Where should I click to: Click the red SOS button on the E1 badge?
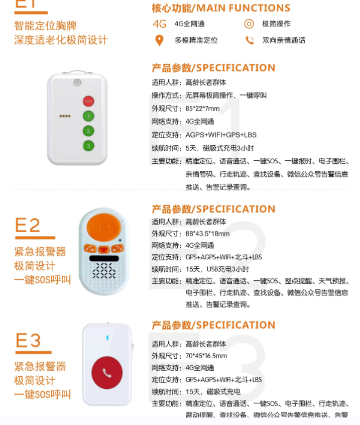click(x=89, y=101)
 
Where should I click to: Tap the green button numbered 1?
click(x=89, y=116)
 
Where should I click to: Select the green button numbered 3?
click(x=89, y=146)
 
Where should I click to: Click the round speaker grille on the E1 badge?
click(x=77, y=82)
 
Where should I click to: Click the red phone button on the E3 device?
click(x=107, y=372)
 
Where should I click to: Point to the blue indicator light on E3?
click(x=107, y=337)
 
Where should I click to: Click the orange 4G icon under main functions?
click(x=159, y=24)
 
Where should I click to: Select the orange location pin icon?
click(x=159, y=40)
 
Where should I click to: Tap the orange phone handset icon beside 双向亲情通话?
click(x=250, y=40)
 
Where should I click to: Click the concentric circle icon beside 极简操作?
click(x=249, y=24)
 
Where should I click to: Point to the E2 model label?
click(x=28, y=226)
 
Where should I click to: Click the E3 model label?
click(x=28, y=341)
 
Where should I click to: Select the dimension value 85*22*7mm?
click(x=202, y=109)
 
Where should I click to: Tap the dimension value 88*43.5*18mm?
click(x=207, y=234)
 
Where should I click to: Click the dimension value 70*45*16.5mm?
click(x=206, y=356)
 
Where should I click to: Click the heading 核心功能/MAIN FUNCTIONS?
click(x=221, y=8)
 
